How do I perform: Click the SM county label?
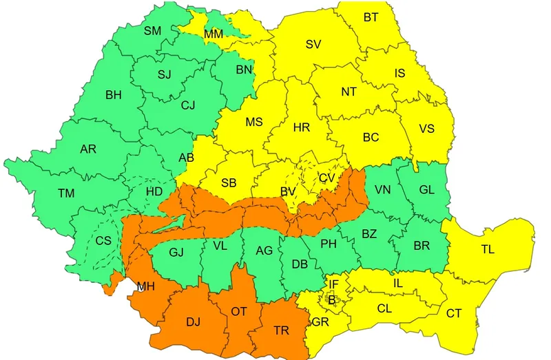pos(152,31)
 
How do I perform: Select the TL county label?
pos(488,250)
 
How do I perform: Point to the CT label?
pos(454,314)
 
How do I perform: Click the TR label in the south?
pos(281,331)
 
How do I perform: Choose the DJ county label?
pos(194,321)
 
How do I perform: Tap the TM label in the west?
pos(66,194)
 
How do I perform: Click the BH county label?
pos(114,96)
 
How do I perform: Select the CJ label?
pos(188,106)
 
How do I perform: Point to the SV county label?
pos(313,45)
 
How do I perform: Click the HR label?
pos(301,127)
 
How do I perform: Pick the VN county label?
pos(383,190)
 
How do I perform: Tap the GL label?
pos(426,190)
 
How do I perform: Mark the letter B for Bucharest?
pos(331,299)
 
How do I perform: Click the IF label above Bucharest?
pos(333,284)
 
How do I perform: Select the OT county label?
pos(238,312)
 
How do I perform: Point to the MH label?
pos(145,286)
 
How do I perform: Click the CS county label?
pos(103,241)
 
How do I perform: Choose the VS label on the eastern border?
pos(427,129)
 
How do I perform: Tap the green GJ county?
pos(176,252)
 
